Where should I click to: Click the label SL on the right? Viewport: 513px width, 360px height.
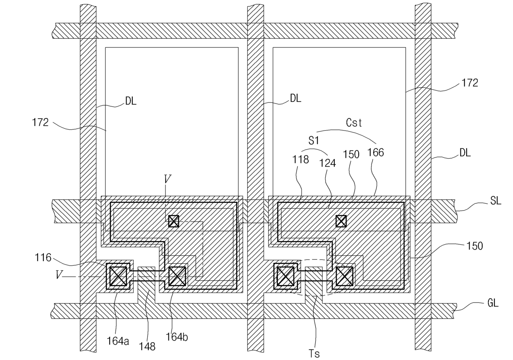pyautogui.click(x=496, y=201)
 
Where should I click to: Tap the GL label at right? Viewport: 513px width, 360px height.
pyautogui.click(x=493, y=303)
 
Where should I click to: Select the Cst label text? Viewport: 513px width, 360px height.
pyautogui.click(x=354, y=123)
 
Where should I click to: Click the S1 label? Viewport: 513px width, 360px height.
pyautogui.click(x=314, y=141)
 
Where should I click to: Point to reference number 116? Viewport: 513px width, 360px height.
pyautogui.click(x=43, y=257)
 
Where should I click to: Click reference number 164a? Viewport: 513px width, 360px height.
pyautogui.click(x=118, y=341)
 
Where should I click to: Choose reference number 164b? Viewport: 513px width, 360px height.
pyautogui.click(x=177, y=337)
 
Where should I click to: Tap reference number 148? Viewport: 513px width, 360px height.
pyautogui.click(x=147, y=347)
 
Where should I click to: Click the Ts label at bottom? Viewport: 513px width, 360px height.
pyautogui.click(x=314, y=354)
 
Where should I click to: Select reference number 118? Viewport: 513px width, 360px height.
pyautogui.click(x=300, y=159)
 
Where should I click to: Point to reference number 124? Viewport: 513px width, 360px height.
pyautogui.click(x=328, y=163)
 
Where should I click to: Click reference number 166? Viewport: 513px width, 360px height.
pyautogui.click(x=376, y=153)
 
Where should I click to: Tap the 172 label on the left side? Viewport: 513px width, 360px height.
pyautogui.click(x=40, y=122)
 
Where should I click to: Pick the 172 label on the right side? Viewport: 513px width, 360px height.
pyautogui.click(x=470, y=83)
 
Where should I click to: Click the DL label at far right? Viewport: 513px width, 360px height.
pyautogui.click(x=465, y=153)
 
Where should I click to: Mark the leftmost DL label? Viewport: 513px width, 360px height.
pyautogui.click(x=131, y=101)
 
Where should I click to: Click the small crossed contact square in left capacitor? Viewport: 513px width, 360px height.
pyautogui.click(x=174, y=221)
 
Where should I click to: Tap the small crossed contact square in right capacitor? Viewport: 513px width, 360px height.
pyautogui.click(x=341, y=221)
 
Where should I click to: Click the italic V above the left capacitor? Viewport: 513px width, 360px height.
pyautogui.click(x=168, y=179)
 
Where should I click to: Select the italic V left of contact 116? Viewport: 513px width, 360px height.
pyautogui.click(x=59, y=274)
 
